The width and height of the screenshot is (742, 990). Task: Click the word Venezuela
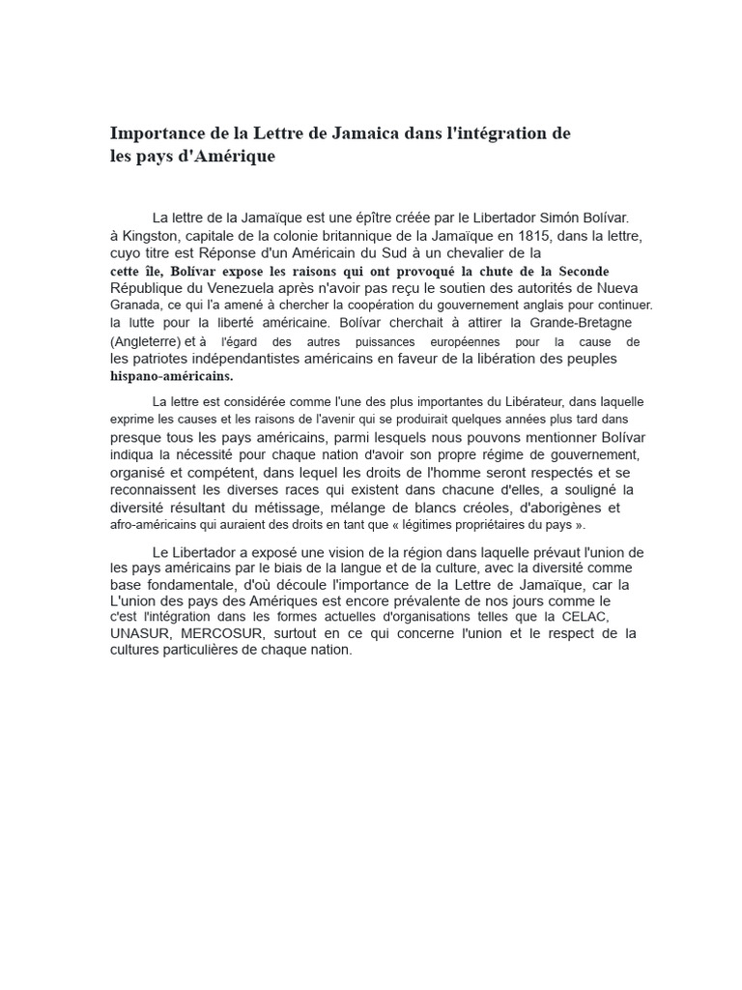[246, 288]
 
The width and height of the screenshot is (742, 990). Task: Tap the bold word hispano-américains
[172, 376]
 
